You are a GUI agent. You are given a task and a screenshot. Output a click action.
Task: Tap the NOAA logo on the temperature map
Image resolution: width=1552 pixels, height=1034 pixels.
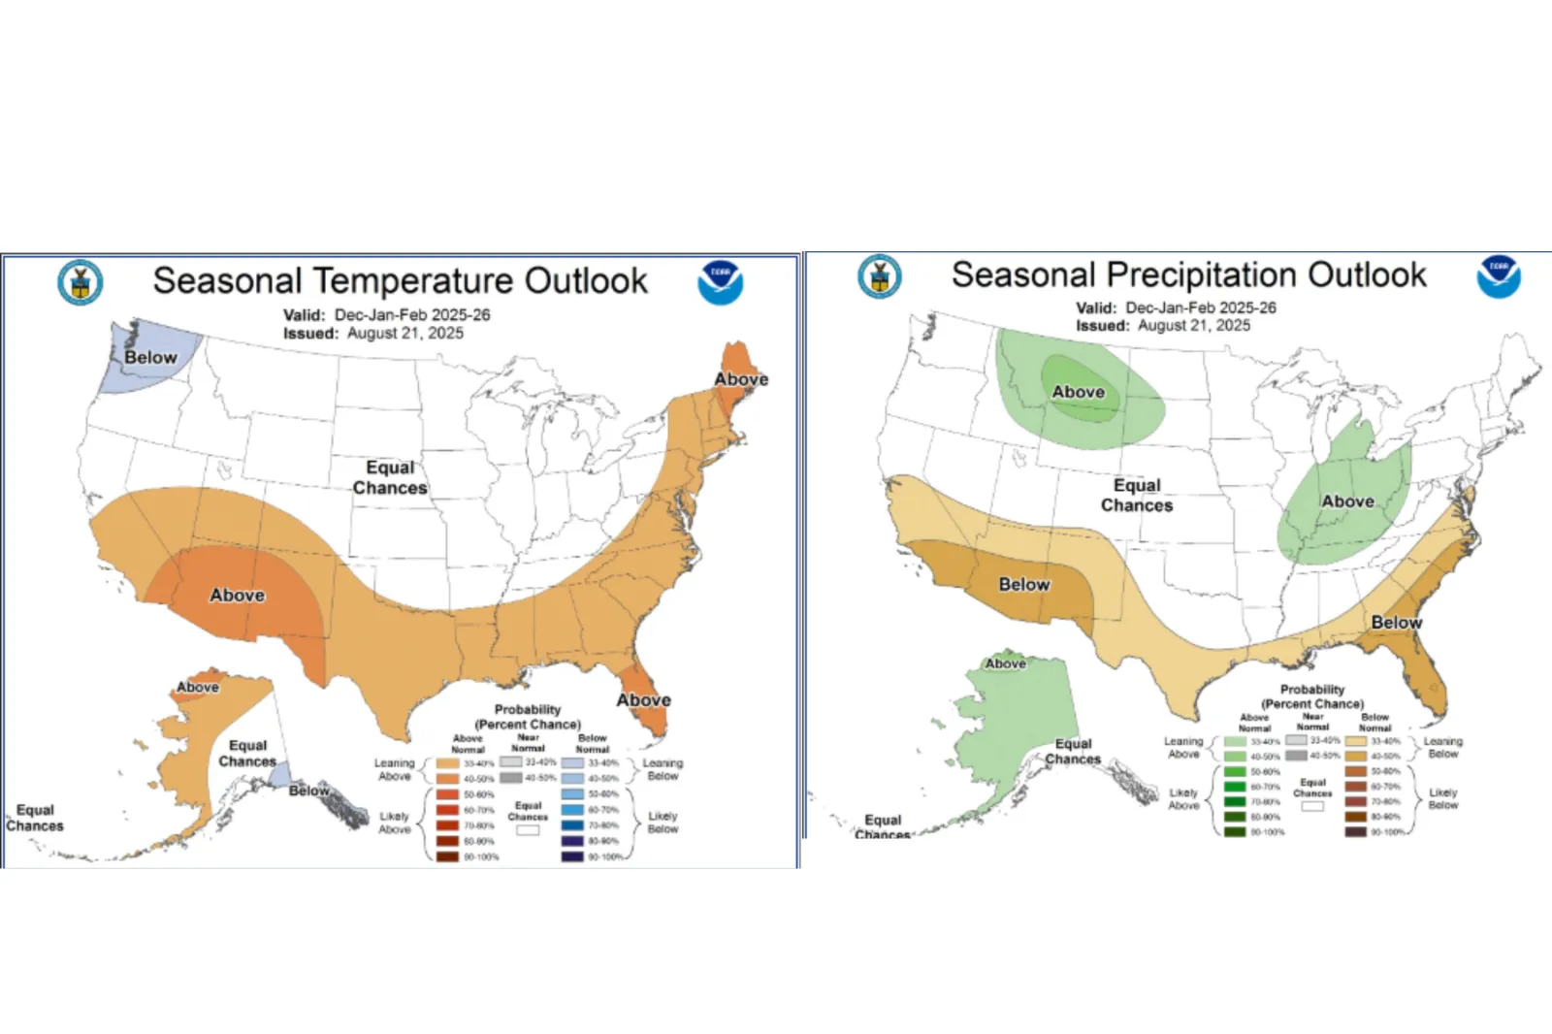720,282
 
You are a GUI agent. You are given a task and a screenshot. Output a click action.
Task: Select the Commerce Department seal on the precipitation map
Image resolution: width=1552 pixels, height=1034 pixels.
880,276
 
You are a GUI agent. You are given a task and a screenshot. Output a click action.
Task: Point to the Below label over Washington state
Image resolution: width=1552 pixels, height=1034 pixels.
150,358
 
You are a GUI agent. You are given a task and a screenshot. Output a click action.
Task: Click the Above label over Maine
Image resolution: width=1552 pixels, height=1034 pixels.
741,379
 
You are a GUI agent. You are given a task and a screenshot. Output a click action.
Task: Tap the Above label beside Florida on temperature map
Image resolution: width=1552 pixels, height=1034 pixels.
643,700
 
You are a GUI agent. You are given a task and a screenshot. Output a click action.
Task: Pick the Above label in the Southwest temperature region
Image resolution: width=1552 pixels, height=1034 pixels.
237,596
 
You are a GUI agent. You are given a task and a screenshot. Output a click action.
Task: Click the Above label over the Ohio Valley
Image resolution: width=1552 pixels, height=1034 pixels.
1347,501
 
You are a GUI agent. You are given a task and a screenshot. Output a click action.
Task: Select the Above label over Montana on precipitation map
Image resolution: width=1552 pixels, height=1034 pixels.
1078,392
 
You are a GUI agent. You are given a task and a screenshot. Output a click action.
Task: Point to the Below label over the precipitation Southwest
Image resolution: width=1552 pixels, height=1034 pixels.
1024,585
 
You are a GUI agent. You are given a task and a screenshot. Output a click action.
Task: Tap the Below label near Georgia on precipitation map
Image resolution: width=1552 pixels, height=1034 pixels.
1396,623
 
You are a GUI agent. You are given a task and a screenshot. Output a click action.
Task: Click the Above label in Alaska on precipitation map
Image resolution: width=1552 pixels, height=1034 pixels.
1005,664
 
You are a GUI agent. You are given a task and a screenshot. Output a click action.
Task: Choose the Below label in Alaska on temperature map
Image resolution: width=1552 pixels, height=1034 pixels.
308,791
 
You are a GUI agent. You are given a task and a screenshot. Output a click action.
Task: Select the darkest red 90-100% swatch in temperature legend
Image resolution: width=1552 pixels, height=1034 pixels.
447,856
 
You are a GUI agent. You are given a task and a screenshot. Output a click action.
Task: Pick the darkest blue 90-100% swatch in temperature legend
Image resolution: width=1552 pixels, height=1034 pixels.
572,856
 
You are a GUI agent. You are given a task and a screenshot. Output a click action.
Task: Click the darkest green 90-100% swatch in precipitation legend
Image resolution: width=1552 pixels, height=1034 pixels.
1234,832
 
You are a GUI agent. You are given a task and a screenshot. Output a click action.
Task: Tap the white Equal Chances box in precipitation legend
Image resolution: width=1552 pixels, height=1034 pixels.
1312,806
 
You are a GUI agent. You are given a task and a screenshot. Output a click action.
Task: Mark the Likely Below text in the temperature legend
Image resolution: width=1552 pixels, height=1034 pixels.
663,823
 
